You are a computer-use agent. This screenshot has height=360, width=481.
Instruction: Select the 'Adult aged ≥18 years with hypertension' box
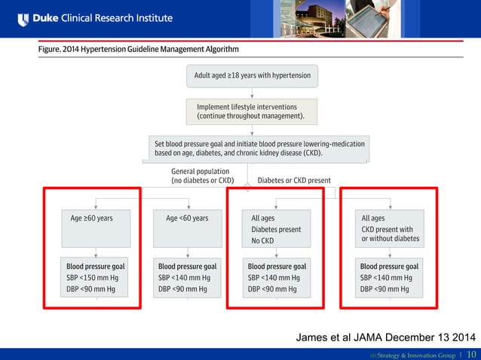(252, 75)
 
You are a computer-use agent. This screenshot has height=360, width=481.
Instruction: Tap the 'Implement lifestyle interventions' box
(252, 111)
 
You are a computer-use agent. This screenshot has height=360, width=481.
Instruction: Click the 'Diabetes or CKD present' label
(294, 181)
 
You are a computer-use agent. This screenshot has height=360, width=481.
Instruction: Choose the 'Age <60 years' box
(187, 218)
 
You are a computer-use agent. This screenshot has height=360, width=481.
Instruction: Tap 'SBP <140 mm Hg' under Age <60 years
(184, 278)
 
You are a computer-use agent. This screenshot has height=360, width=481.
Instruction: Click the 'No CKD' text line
(262, 241)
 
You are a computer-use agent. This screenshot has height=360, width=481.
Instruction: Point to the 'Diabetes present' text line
(276, 230)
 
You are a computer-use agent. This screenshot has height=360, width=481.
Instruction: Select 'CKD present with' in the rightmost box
(387, 230)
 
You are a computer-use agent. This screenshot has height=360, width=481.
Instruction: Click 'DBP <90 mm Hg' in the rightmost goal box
(384, 289)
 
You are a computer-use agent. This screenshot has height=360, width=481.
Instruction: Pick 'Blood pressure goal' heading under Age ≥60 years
(95, 267)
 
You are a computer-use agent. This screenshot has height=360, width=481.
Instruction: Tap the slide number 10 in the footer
(471, 354)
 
